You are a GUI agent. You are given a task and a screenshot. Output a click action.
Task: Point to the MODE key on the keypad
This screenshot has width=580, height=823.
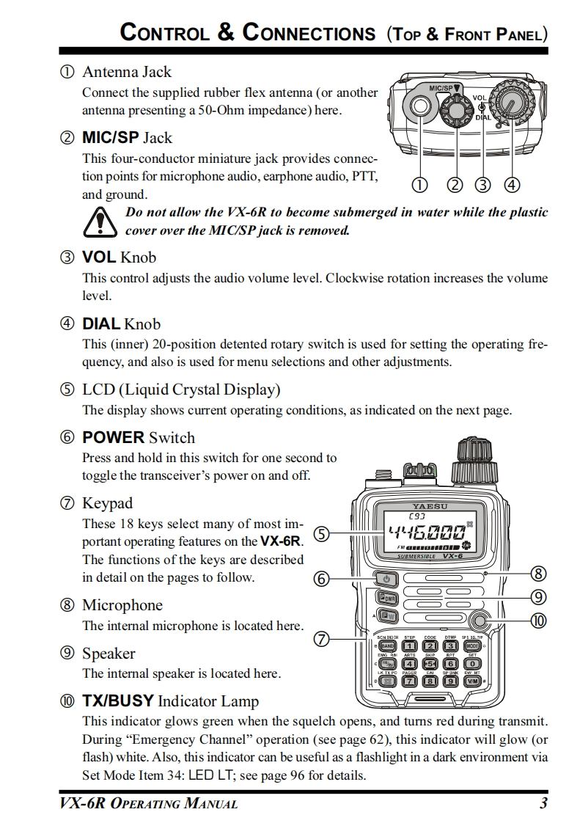pyautogui.click(x=472, y=645)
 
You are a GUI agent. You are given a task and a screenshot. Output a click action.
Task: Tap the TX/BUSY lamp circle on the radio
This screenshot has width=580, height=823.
pyautogui.click(x=480, y=620)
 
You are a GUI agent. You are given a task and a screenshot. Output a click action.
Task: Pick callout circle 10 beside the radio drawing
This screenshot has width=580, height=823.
pyautogui.click(x=539, y=621)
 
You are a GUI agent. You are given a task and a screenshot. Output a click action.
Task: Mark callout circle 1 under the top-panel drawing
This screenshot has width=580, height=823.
pyautogui.click(x=420, y=185)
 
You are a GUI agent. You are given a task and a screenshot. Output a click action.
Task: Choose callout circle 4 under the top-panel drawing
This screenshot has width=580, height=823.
pyautogui.click(x=512, y=185)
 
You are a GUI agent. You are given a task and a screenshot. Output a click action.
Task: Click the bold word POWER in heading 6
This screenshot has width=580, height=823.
pyautogui.click(x=113, y=438)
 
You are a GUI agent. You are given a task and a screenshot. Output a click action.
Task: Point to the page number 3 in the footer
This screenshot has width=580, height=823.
pyautogui.click(x=543, y=803)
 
